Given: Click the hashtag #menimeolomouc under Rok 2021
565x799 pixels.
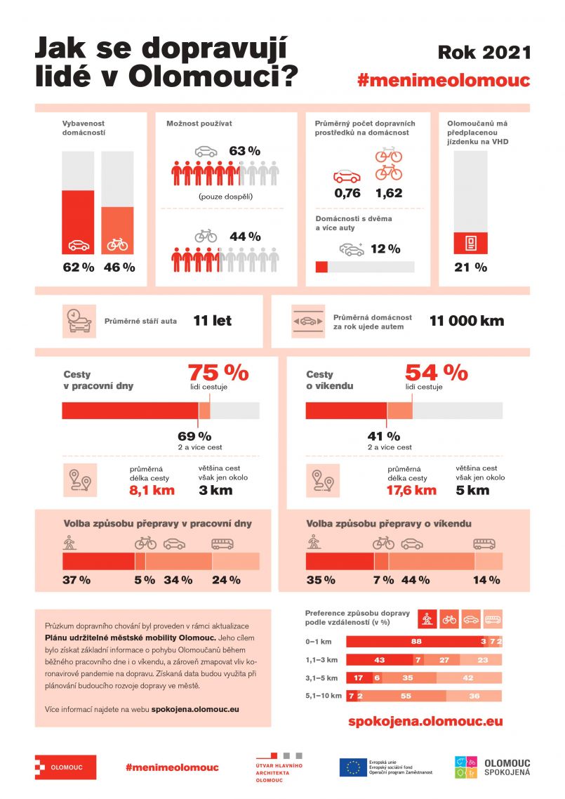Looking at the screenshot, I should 444,81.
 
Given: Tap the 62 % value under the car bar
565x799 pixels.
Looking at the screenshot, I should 78,268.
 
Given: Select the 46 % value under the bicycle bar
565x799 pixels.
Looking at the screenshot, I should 119,268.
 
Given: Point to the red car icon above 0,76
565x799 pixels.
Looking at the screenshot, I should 347,176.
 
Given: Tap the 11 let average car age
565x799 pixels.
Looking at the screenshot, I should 212,321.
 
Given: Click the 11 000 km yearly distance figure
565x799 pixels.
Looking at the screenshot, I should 467,321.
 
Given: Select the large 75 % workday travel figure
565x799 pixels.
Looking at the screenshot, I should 218,371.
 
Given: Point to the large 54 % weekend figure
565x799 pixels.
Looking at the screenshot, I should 436,371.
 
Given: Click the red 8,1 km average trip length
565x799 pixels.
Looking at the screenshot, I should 152,490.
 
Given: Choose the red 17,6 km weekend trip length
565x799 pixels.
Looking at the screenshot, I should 412,490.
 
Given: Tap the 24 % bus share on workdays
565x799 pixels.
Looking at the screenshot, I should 226,580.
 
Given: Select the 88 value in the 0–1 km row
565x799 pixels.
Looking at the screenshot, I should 416,641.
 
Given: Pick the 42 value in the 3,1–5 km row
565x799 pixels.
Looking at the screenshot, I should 469,678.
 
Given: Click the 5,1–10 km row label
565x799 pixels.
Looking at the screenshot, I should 324,696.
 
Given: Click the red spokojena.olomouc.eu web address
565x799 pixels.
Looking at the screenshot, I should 425,721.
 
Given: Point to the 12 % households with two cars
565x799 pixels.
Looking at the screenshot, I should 385,249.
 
